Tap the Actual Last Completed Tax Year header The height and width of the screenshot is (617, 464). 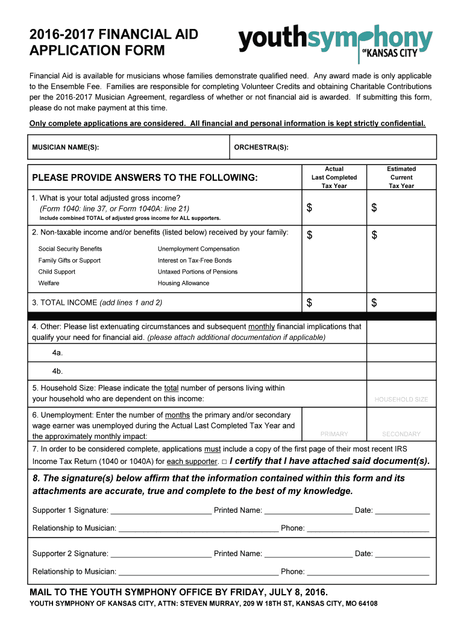click(334, 177)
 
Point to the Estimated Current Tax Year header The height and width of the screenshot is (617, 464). click(401, 177)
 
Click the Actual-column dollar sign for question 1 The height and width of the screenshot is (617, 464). click(310, 208)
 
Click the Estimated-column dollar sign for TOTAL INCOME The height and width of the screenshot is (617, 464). click(374, 302)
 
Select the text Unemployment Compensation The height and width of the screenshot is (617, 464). click(198, 249)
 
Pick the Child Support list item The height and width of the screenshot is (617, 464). click(57, 272)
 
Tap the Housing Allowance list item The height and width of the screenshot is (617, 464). click(183, 283)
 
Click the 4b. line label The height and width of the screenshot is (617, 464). click(58, 371)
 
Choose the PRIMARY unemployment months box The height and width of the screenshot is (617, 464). click(334, 424)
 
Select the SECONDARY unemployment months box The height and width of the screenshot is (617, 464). click(401, 424)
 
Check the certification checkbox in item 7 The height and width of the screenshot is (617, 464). click(224, 462)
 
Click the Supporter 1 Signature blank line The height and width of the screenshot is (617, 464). click(161, 511)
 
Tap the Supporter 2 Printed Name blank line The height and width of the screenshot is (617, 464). click(308, 554)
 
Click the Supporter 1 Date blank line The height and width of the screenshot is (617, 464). click(402, 511)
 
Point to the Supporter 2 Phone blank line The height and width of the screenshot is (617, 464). click(368, 572)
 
